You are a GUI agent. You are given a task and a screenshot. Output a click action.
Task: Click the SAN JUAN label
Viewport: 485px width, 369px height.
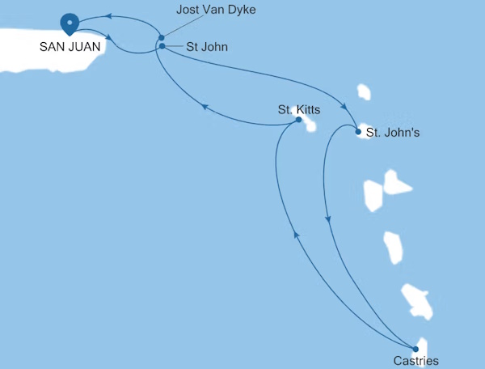(70, 46)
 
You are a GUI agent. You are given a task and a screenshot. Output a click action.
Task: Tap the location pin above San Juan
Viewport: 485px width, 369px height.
(70, 23)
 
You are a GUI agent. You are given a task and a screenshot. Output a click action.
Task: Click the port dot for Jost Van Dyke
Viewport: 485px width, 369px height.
(162, 37)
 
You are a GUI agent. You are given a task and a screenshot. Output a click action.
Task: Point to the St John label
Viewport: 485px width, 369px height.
(207, 47)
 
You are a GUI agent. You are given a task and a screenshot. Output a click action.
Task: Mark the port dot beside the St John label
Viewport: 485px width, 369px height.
(162, 46)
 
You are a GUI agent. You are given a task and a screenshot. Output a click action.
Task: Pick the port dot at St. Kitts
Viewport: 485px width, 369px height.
(299, 120)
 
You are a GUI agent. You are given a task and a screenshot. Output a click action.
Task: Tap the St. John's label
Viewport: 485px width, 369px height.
(393, 131)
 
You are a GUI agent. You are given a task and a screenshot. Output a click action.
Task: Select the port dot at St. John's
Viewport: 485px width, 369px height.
(356, 129)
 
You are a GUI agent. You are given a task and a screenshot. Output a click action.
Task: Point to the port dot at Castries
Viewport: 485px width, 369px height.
(415, 349)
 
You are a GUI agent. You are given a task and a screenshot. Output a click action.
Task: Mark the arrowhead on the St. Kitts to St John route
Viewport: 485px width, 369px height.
(204, 107)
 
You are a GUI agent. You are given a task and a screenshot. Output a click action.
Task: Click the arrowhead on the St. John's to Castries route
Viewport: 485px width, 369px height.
(327, 220)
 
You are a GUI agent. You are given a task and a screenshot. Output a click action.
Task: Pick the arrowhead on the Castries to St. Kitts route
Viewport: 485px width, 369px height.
(296, 234)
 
